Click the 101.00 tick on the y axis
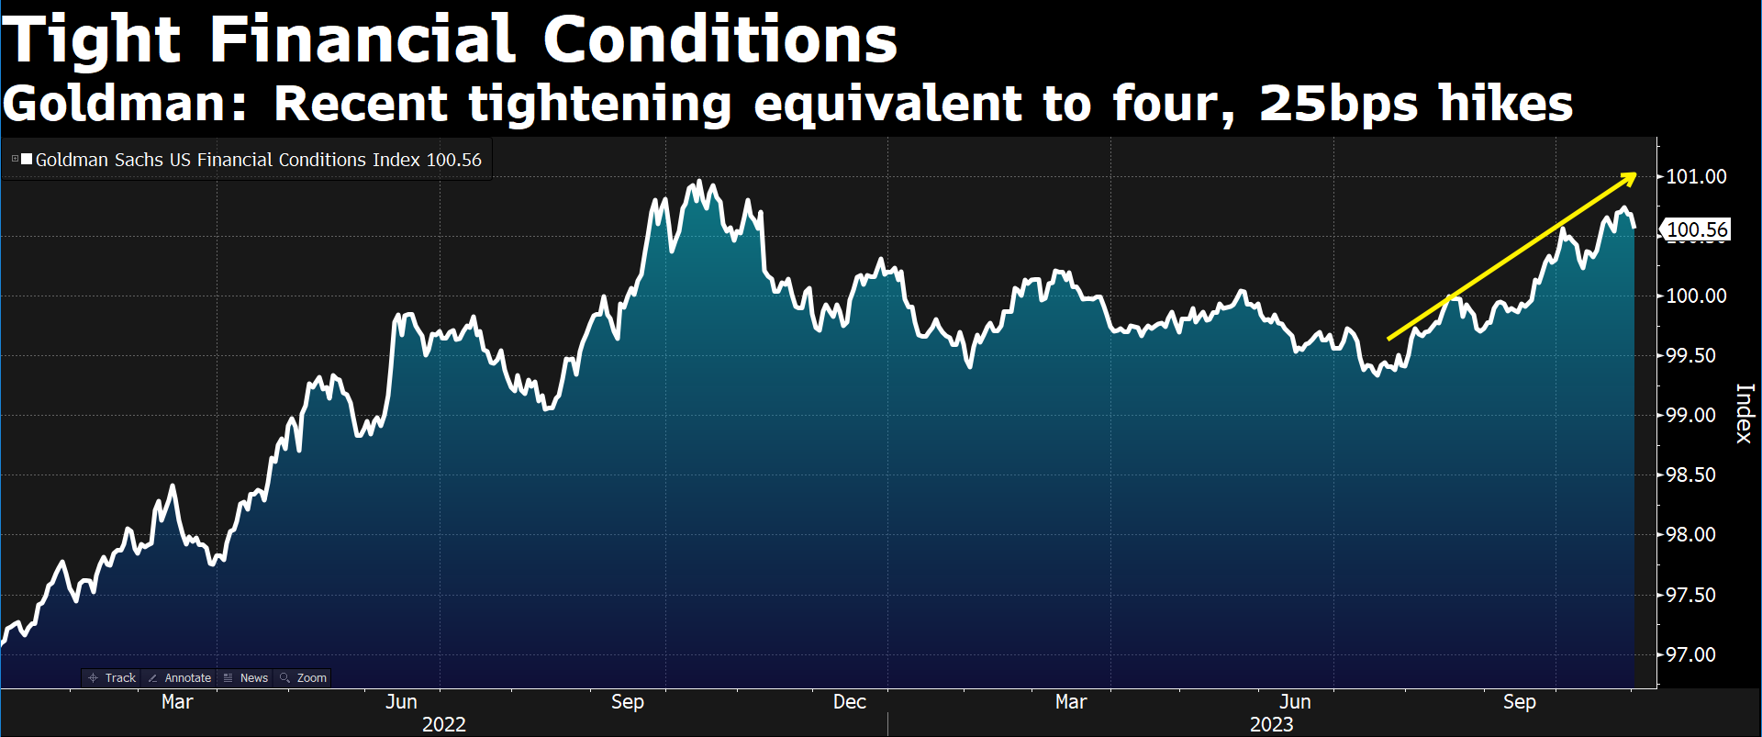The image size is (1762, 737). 1696,176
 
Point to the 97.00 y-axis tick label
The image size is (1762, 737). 1690,654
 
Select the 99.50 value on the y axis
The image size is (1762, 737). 1690,355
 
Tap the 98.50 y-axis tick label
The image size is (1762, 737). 1690,475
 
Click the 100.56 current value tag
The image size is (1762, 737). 1696,229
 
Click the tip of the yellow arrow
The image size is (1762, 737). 1635,173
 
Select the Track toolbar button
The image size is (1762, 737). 112,678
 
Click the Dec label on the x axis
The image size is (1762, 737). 850,702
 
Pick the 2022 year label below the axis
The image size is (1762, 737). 444,725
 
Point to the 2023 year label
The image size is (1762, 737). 1272,725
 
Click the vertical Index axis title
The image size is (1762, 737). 1744,413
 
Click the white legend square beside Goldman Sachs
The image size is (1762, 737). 27,159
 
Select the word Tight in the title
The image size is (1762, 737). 92,40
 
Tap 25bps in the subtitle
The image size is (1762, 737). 1338,103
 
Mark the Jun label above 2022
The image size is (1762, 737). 401,702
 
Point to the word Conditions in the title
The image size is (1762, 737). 720,40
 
